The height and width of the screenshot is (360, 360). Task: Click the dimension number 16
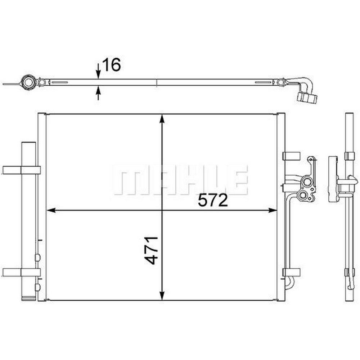(111, 64)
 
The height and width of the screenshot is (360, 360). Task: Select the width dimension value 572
(213, 200)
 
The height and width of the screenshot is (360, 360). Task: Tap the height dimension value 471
(152, 250)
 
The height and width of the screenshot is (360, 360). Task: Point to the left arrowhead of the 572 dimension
(51, 210)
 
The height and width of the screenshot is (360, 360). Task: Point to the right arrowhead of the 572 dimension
(273, 210)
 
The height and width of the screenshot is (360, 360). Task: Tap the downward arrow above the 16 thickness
(98, 71)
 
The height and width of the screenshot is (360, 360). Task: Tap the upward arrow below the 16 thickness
(98, 93)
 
